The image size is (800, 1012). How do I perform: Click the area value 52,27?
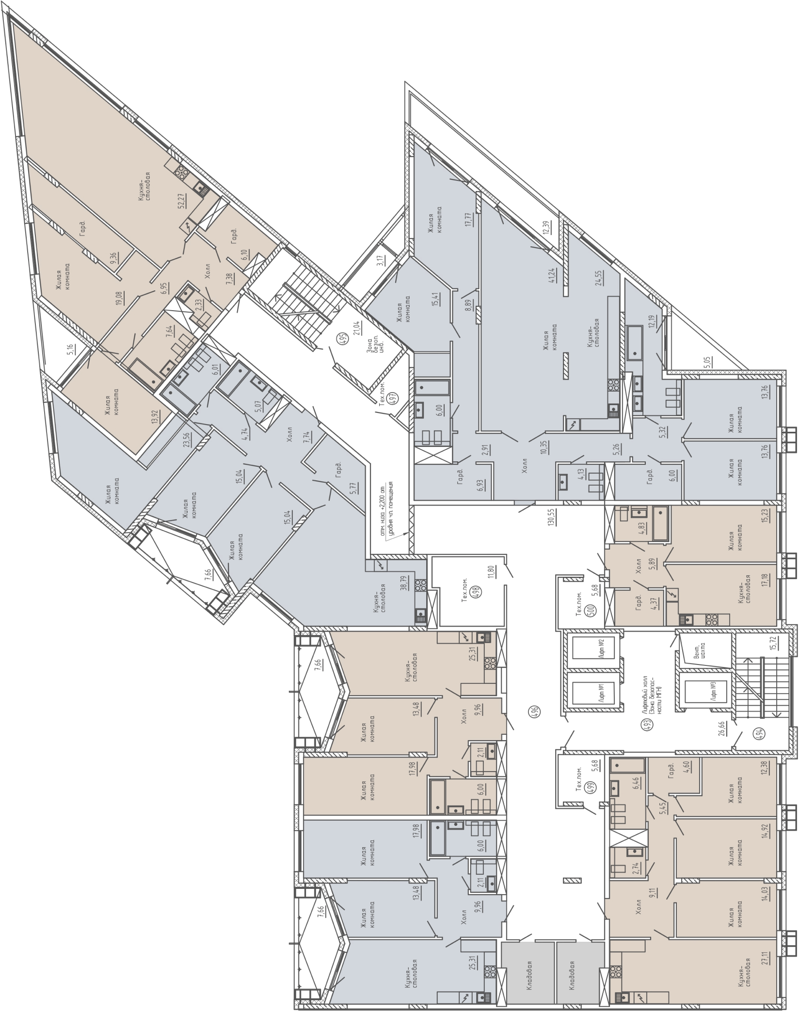pyautogui.click(x=182, y=198)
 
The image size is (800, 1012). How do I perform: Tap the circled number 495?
pyautogui.click(x=343, y=338)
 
